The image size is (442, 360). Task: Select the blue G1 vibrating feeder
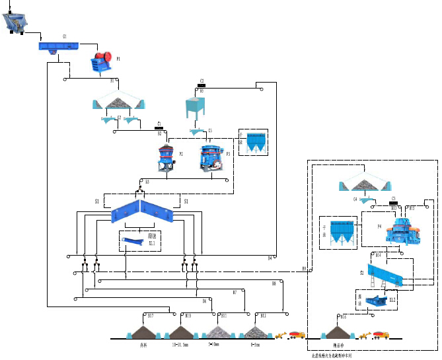pos(58,46)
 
